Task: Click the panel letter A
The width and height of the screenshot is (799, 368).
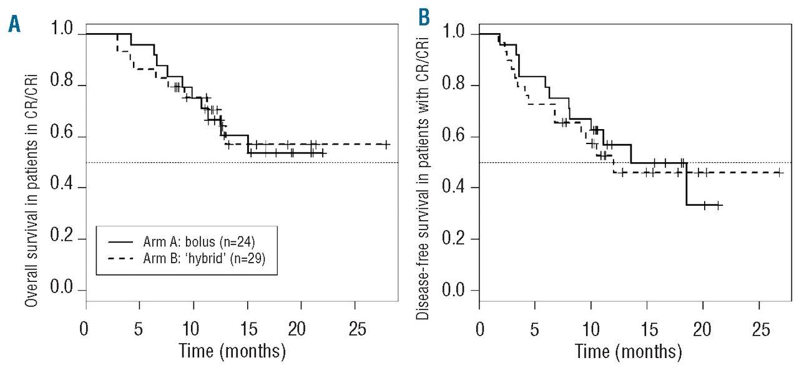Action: [14, 27]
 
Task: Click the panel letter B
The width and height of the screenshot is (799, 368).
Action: [424, 17]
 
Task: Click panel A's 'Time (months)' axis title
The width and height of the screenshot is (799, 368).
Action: [232, 350]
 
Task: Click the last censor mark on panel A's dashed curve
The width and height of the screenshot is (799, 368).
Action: [386, 144]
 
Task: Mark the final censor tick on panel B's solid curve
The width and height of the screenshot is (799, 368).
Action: [718, 205]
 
